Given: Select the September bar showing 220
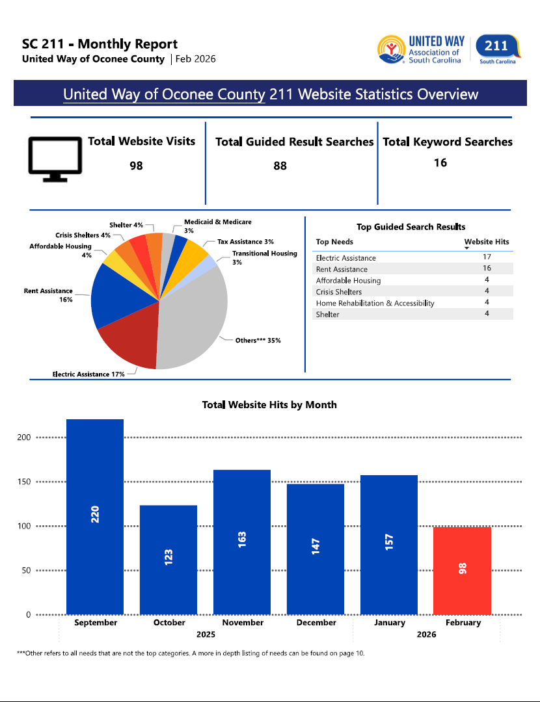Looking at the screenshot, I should (x=95, y=517).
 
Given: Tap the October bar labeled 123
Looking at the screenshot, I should (x=169, y=560).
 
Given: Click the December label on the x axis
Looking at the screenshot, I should (x=316, y=623).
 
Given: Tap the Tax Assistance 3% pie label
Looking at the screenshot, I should (x=245, y=242).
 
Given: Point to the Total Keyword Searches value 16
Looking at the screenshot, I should (x=440, y=162).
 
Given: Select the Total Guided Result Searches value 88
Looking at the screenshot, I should (x=280, y=166).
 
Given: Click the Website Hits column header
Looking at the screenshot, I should (x=486, y=242).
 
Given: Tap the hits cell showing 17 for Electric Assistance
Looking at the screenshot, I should (x=487, y=257).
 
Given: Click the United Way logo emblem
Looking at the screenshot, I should (x=391, y=49).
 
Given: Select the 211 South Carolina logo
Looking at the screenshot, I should (x=497, y=49).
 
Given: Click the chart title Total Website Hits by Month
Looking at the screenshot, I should (x=269, y=405).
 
